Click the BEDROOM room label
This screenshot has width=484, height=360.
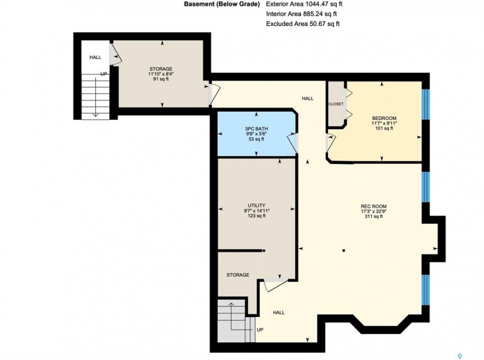pyautogui.click(x=384, y=118)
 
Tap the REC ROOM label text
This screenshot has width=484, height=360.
pyautogui.click(x=373, y=206)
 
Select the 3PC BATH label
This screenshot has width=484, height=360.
pyautogui.click(x=256, y=129)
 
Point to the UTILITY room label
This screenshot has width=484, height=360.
pyautogui.click(x=256, y=205)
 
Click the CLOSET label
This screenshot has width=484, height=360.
pyautogui.click(x=336, y=104)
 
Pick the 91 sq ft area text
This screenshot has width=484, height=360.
pyautogui.click(x=161, y=79)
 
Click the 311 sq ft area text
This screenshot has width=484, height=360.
pyautogui.click(x=373, y=216)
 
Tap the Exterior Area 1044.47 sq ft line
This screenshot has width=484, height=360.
pyautogui.click(x=304, y=4)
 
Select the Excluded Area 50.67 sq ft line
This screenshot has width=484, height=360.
pyautogui.click(x=303, y=24)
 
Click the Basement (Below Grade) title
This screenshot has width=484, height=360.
pyautogui.click(x=222, y=4)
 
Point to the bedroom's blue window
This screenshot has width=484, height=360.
pyautogui.click(x=425, y=104)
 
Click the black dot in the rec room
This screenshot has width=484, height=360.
pyautogui.click(x=343, y=250)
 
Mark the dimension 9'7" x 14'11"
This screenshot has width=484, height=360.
pyautogui.click(x=256, y=210)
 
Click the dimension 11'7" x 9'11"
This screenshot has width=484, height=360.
pyautogui.click(x=384, y=123)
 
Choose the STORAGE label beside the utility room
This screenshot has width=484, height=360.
pyautogui.click(x=238, y=275)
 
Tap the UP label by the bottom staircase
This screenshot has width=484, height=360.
pyautogui.click(x=260, y=330)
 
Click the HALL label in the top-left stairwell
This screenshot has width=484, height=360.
pyautogui.click(x=95, y=57)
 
